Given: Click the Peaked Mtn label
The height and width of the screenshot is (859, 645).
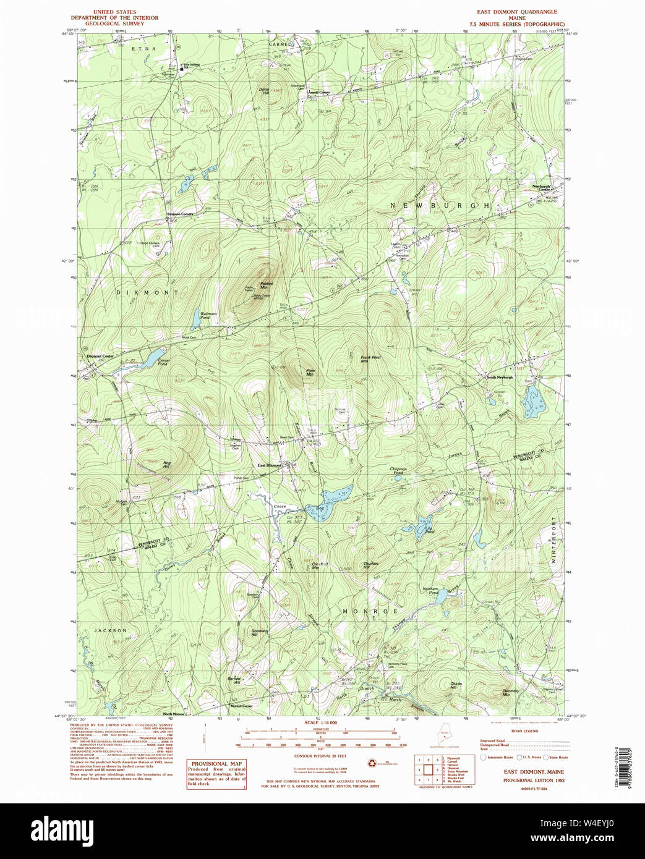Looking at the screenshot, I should click(267, 286).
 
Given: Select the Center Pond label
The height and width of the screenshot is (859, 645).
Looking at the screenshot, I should click(163, 362).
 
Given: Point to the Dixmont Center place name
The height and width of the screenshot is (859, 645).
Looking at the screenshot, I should click(100, 357).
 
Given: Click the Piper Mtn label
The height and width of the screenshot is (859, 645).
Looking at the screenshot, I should click(310, 372).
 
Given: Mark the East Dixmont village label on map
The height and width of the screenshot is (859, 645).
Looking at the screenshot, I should click(270, 465).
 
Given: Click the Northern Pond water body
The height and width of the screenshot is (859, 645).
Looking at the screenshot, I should click(439, 597).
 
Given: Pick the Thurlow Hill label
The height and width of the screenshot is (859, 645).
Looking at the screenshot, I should click(370, 565).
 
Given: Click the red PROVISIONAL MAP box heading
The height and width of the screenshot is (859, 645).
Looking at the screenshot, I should click(216, 764).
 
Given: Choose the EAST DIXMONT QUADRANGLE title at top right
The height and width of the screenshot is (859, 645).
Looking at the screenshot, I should click(516, 12).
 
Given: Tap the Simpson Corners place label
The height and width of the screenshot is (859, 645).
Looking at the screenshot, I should click(180, 214).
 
